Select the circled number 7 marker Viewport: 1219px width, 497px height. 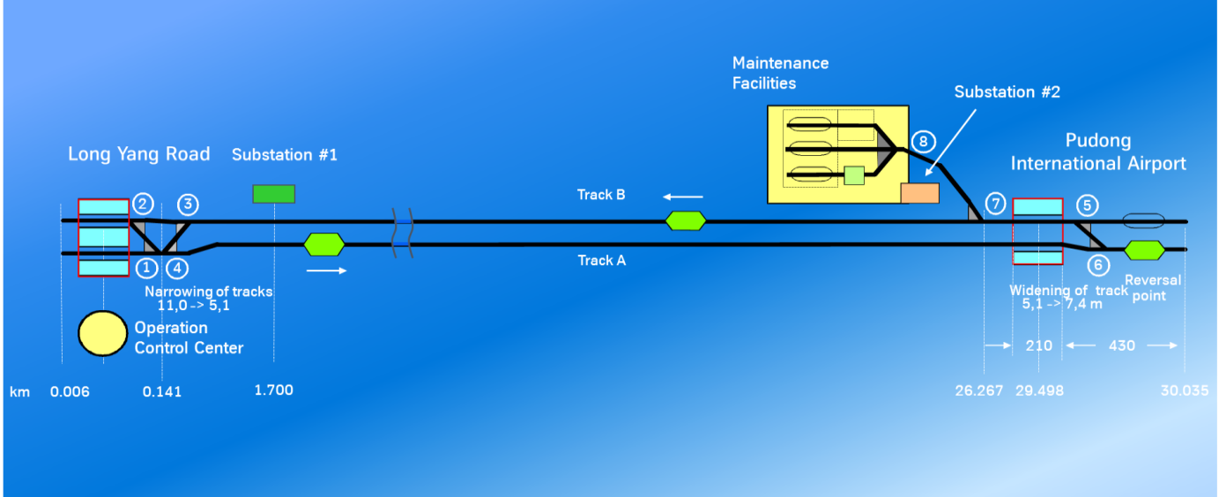click(x=995, y=204)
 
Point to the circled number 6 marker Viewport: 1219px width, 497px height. click(x=1097, y=263)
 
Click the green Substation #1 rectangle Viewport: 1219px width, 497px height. click(x=274, y=194)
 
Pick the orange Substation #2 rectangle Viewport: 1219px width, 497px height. click(x=919, y=193)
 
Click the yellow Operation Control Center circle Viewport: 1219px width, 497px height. click(x=102, y=333)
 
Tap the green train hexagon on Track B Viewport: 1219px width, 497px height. click(x=686, y=220)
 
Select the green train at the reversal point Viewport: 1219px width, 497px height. click(x=1145, y=250)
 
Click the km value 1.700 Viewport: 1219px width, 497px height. click(x=273, y=389)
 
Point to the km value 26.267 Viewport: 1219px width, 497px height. click(x=979, y=390)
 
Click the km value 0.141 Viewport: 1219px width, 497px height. click(x=162, y=391)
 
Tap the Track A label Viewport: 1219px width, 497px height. click(x=602, y=260)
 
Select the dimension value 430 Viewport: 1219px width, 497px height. click(x=1121, y=345)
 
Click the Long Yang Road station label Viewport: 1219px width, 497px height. click(x=138, y=154)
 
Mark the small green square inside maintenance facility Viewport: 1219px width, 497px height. click(x=853, y=174)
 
